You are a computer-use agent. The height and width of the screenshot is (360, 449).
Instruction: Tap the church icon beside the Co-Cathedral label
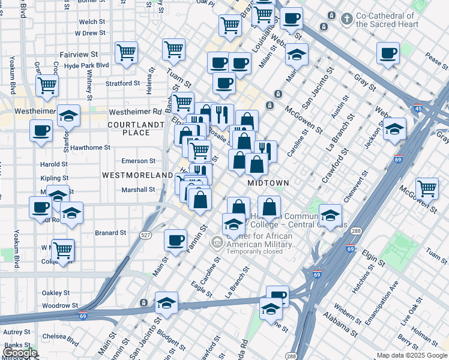346,19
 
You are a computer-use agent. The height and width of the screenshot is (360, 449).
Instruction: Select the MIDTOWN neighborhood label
268,182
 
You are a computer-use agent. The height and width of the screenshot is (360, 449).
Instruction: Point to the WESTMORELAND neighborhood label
137,175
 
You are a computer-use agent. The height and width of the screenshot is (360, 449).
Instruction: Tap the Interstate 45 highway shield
417,109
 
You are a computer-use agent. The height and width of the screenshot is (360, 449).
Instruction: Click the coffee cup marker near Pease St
388,52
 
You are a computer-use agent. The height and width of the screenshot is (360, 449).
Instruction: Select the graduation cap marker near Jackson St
394,128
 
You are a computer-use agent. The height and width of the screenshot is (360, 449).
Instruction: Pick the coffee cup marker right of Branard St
175,239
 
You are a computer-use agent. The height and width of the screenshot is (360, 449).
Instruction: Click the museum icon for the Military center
217,243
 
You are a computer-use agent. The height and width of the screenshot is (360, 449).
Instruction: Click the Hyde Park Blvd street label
86,65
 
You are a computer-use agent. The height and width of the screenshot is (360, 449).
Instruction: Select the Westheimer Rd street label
136,112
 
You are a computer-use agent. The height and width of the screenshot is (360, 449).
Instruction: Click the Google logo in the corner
20,353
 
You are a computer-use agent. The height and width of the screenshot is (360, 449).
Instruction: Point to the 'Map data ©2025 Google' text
411,355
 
